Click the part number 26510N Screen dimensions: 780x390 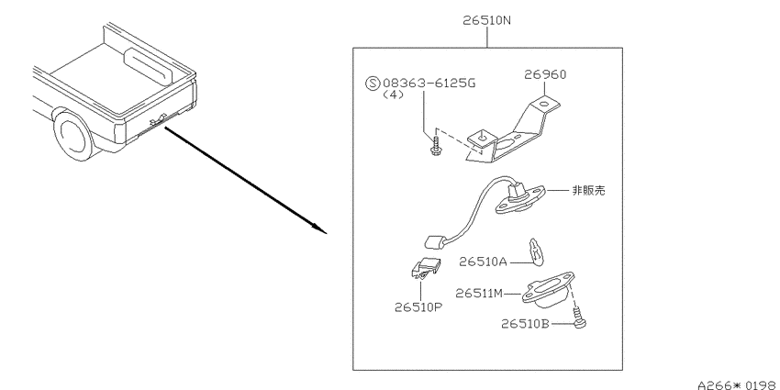(487, 20)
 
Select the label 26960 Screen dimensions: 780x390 (545, 74)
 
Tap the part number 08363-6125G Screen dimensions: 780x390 (429, 83)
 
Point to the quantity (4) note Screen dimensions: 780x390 (394, 95)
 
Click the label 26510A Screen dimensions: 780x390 (483, 262)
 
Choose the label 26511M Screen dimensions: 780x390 (479, 294)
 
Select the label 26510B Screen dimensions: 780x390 (525, 324)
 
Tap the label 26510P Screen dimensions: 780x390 (418, 307)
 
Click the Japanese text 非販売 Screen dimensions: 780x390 (588, 191)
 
